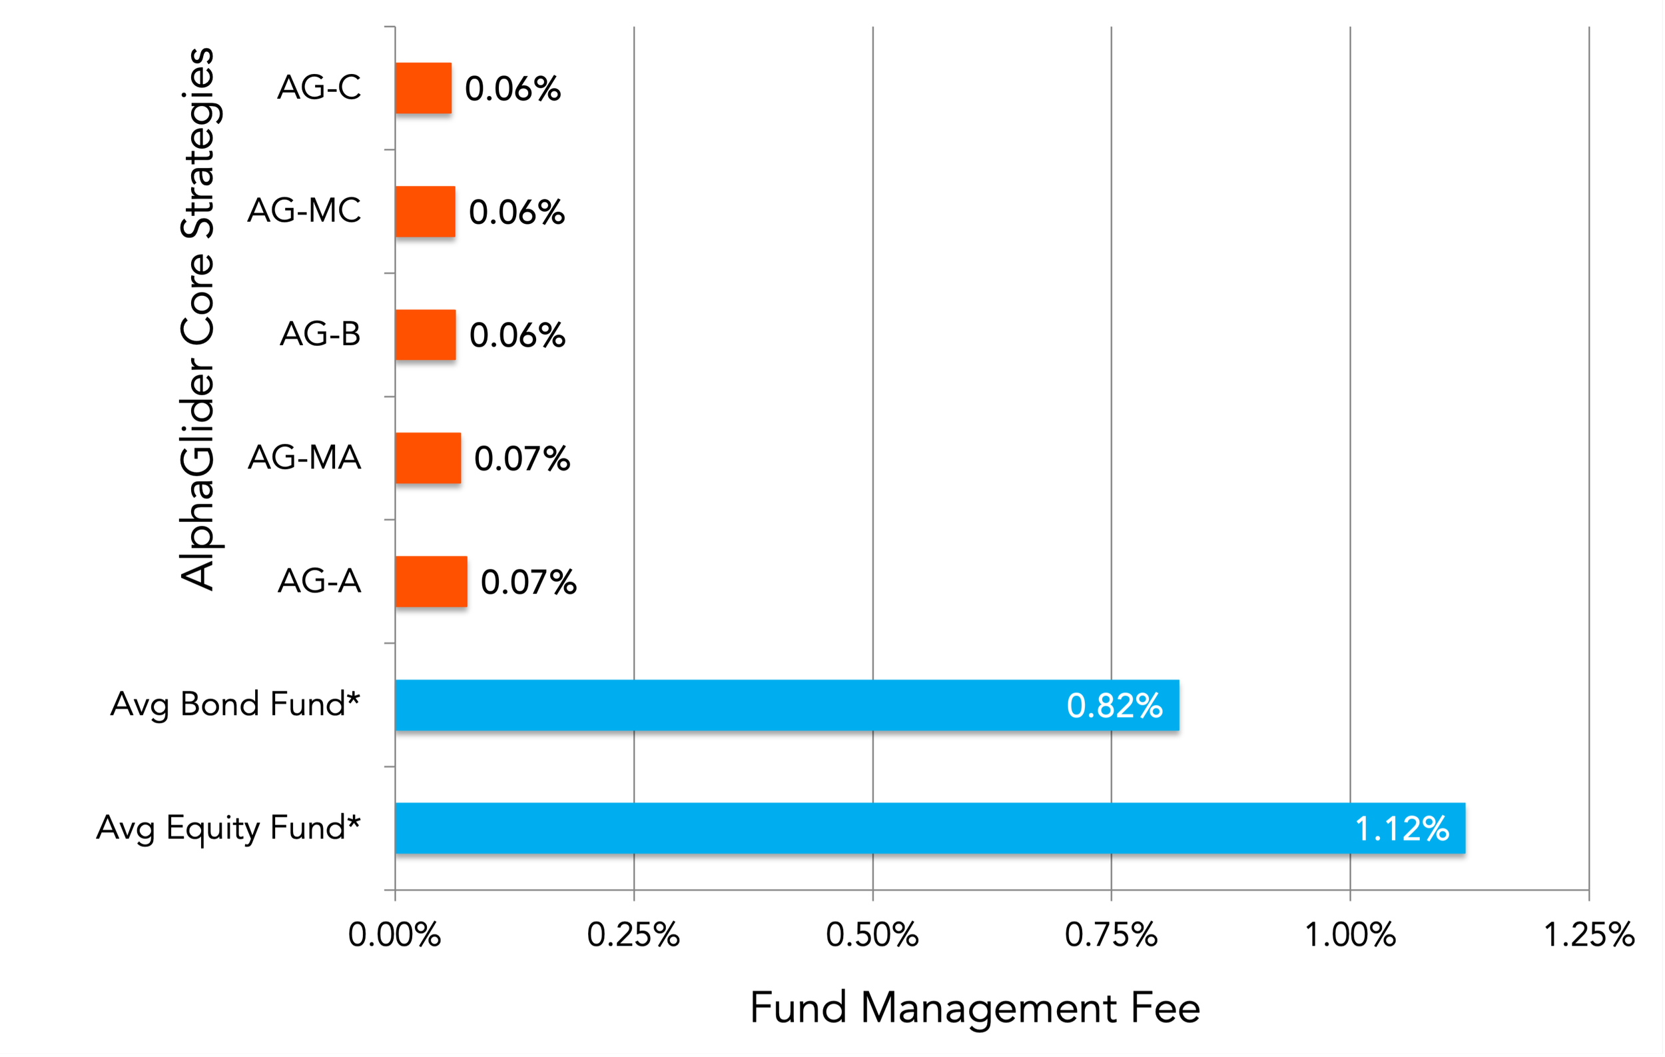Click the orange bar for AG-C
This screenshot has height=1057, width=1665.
pyautogui.click(x=423, y=88)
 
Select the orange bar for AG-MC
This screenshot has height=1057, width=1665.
pyautogui.click(x=425, y=211)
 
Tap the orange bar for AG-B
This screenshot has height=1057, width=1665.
pyautogui.click(x=425, y=335)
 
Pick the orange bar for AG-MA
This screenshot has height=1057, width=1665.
pyautogui.click(x=428, y=458)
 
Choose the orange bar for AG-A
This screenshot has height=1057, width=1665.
pyautogui.click(x=431, y=581)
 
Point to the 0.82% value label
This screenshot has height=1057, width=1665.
pyautogui.click(x=1114, y=706)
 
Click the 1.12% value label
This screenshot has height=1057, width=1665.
pyautogui.click(x=1401, y=828)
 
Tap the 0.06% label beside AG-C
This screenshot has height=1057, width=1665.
pyautogui.click(x=512, y=89)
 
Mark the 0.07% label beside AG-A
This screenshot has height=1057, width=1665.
pyautogui.click(x=528, y=582)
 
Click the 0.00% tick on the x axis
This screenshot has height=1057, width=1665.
pyautogui.click(x=394, y=935)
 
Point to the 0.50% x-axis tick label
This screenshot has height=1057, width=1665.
pyautogui.click(x=872, y=935)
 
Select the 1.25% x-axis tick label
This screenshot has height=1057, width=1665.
pyautogui.click(x=1589, y=935)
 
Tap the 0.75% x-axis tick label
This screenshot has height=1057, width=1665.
pyautogui.click(x=1110, y=935)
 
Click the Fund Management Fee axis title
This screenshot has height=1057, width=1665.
pyautogui.click(x=975, y=1008)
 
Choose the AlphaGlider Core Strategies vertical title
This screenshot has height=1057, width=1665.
pyautogui.click(x=198, y=318)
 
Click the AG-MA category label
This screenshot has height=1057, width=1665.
pyautogui.click(x=304, y=457)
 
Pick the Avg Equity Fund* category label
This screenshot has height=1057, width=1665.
pyautogui.click(x=228, y=828)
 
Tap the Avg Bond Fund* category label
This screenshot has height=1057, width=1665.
pyautogui.click(x=235, y=704)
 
